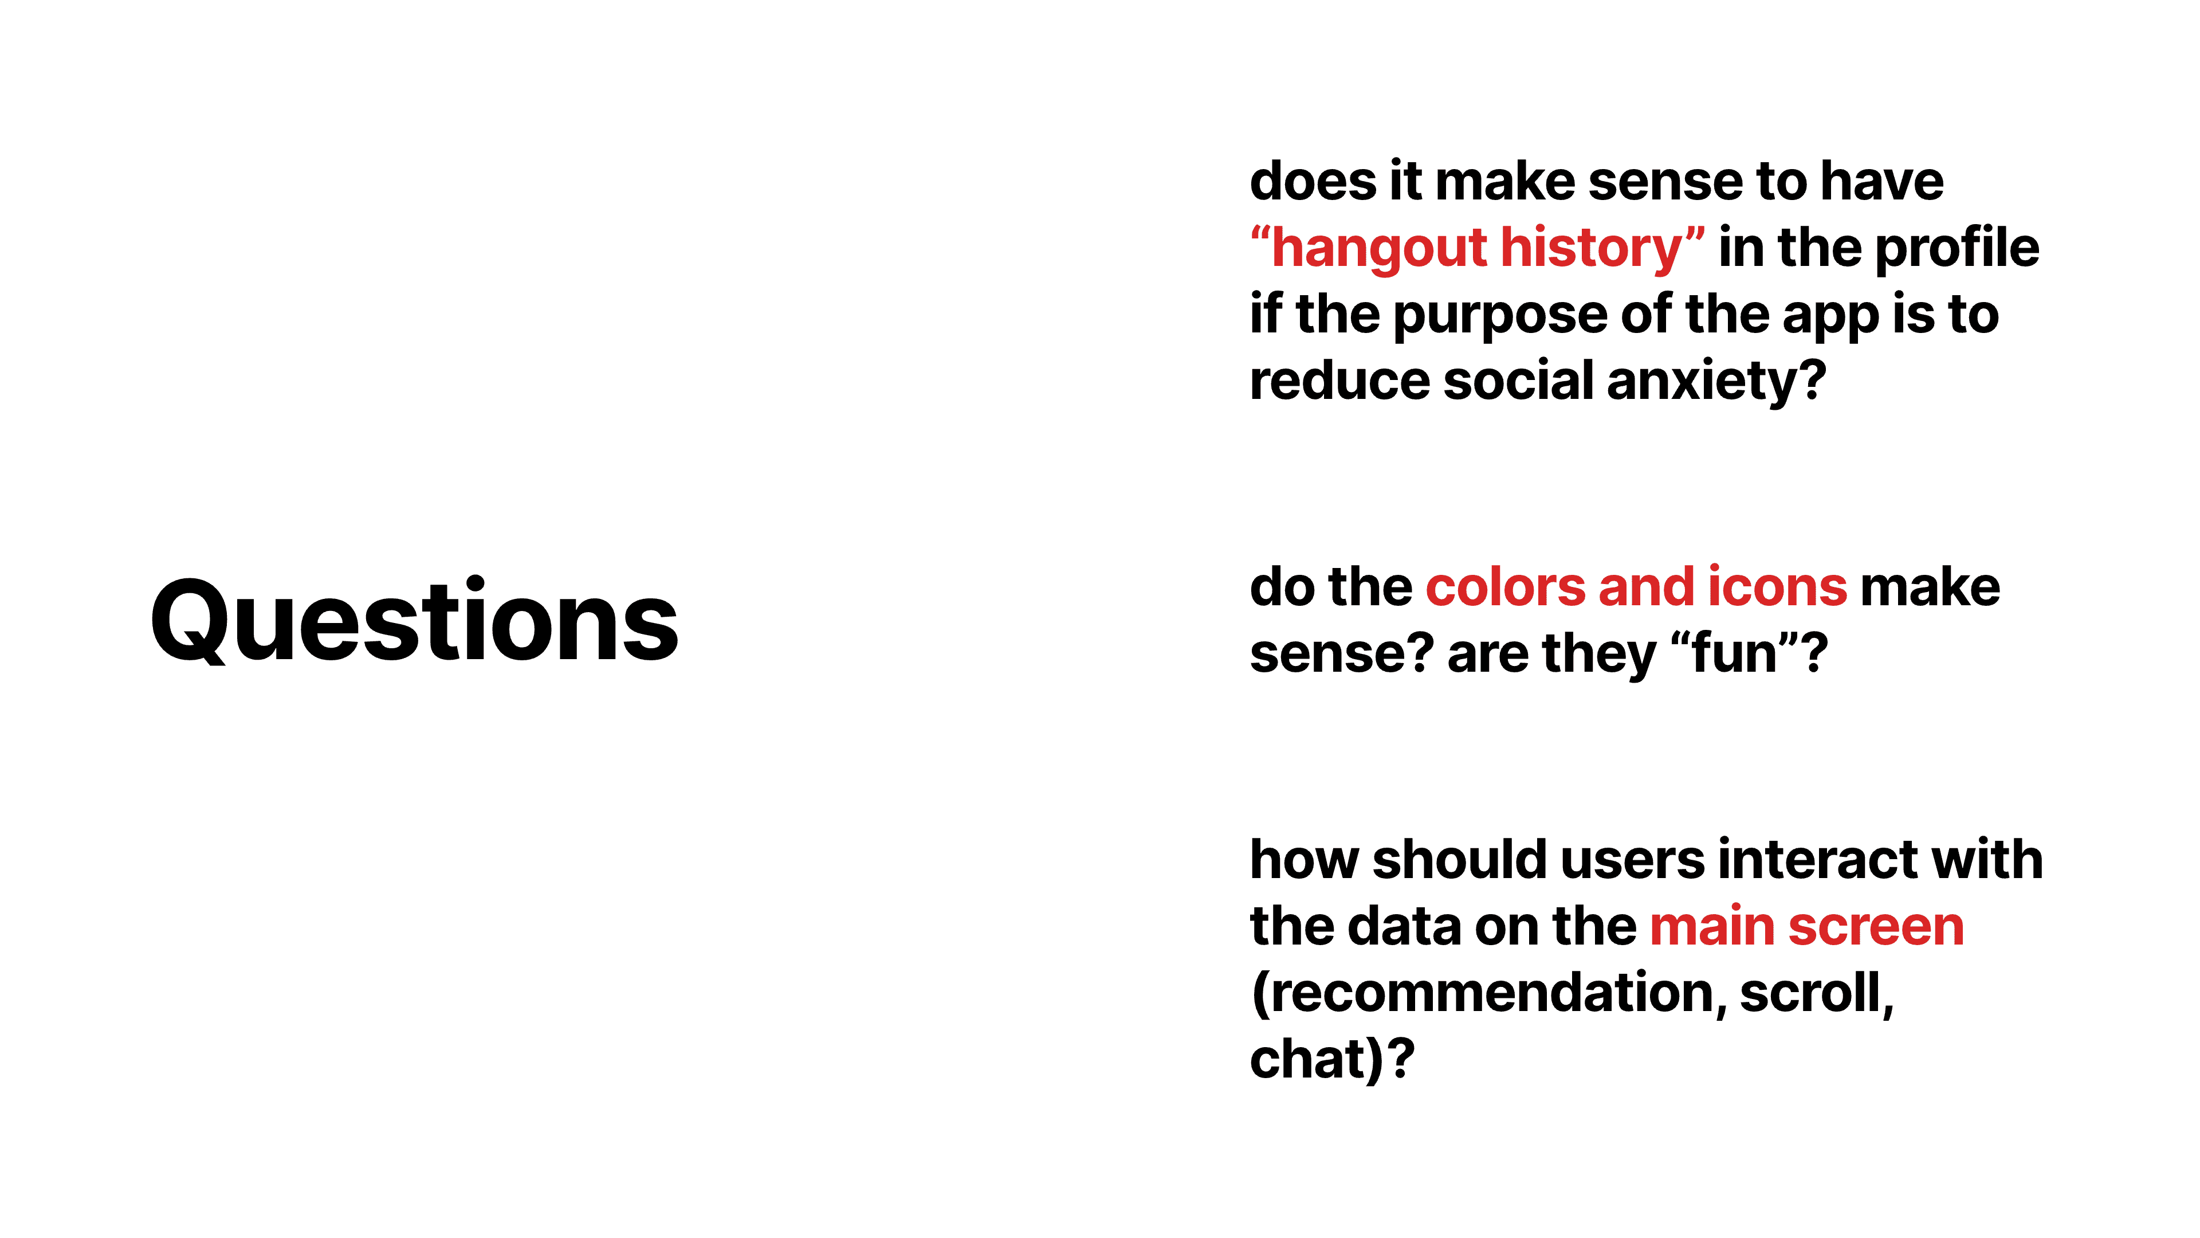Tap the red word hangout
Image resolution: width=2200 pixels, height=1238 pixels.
[x=1378, y=249]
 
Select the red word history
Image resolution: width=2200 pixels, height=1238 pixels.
[x=1590, y=249]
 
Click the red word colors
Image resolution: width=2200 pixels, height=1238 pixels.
[x=1506, y=588]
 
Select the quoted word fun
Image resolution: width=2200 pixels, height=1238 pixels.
[x=1733, y=655]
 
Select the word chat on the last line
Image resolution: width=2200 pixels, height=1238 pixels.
[x=1310, y=1060]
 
